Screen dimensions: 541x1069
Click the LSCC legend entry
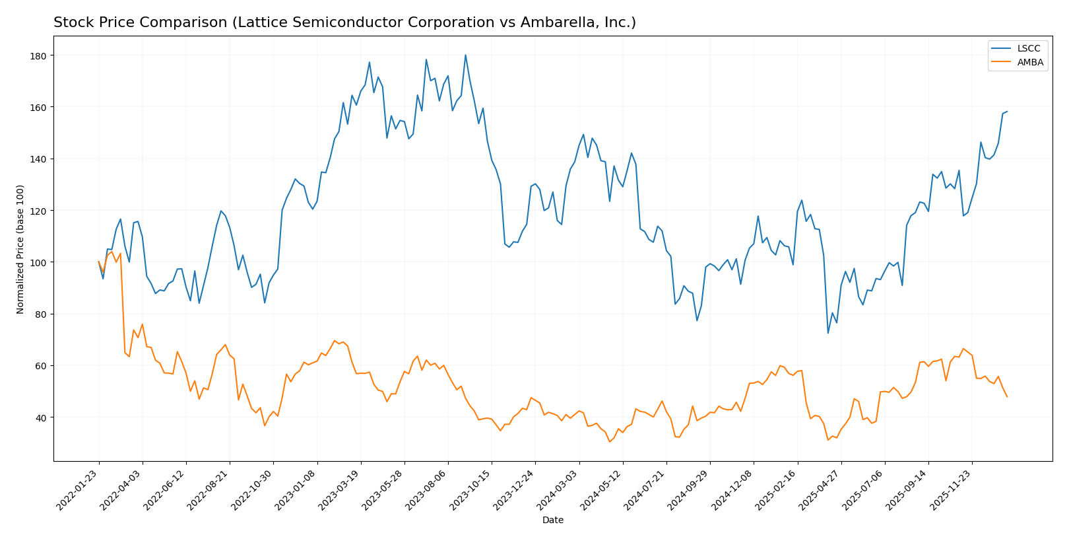(1028, 49)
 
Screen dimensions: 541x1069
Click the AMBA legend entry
(1030, 63)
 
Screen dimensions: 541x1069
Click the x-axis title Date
(552, 521)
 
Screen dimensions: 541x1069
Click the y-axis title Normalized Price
(20, 249)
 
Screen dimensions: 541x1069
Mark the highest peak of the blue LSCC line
(465, 55)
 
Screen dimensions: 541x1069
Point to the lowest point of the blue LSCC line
(827, 333)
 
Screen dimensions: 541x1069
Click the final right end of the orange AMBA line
(1007, 397)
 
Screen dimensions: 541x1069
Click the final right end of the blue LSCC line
(1007, 111)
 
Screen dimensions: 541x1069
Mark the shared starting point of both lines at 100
(98, 262)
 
